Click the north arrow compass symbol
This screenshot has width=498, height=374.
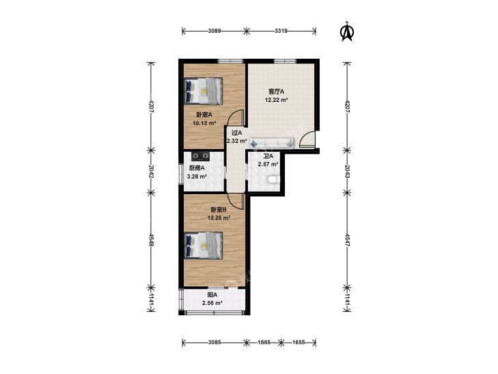pyautogui.click(x=347, y=31)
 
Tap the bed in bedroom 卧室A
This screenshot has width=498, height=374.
pyautogui.click(x=204, y=91)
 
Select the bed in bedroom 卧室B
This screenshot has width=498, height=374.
pyautogui.click(x=204, y=245)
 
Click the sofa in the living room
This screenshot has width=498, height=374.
pyautogui.click(x=272, y=143)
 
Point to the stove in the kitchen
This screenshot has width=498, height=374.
pyautogui.click(x=200, y=156)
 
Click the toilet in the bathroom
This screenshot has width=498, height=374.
pyautogui.click(x=273, y=181)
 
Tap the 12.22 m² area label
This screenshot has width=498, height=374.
pyautogui.click(x=277, y=100)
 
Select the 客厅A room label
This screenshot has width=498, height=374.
pyautogui.click(x=276, y=92)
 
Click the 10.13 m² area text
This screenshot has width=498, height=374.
pyautogui.click(x=204, y=123)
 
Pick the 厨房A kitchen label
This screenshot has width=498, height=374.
pyautogui.click(x=197, y=168)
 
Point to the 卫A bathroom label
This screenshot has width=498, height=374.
pyautogui.click(x=268, y=156)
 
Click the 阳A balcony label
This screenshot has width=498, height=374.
pyautogui.click(x=212, y=295)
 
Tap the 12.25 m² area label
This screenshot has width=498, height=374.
pyautogui.click(x=219, y=217)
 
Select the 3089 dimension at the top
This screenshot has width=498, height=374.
pyautogui.click(x=215, y=31)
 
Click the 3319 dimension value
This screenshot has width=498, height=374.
pyautogui.click(x=281, y=31)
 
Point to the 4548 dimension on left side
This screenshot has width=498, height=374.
pyautogui.click(x=151, y=241)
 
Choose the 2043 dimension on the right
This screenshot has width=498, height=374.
pyautogui.click(x=347, y=171)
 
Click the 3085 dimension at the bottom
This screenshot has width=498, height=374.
pyautogui.click(x=215, y=343)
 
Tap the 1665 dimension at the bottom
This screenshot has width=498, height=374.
pyautogui.click(x=264, y=343)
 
